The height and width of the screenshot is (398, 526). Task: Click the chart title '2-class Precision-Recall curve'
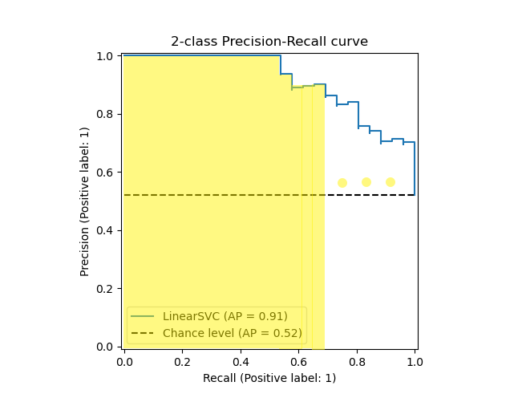tap(269, 42)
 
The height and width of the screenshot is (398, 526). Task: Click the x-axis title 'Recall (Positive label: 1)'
tap(269, 378)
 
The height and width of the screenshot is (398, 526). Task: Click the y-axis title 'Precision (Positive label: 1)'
tap(85, 201)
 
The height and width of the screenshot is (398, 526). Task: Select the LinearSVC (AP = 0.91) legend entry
tap(225, 316)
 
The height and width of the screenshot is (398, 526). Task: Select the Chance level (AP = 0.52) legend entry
tap(232, 333)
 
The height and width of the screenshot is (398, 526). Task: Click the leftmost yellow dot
tap(342, 183)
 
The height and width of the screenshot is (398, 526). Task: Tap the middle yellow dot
tap(366, 182)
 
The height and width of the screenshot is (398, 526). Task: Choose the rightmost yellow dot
tap(390, 182)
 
